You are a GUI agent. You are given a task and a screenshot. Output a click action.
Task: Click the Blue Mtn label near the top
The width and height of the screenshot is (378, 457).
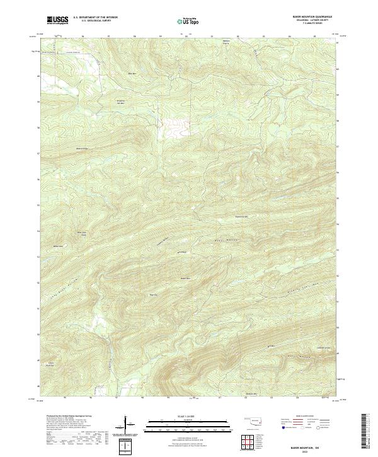click(133, 74)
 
